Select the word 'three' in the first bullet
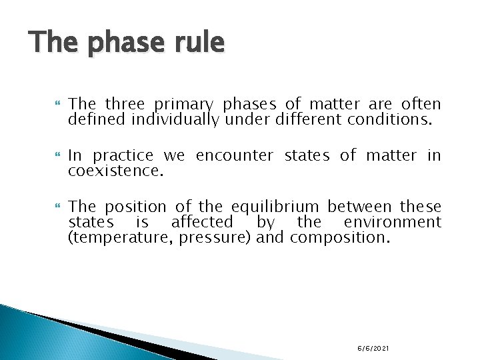(125, 105)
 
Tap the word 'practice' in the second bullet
(123, 156)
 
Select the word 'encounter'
(234, 156)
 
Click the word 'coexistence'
(116, 171)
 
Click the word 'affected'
(202, 223)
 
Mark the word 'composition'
(339, 238)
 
